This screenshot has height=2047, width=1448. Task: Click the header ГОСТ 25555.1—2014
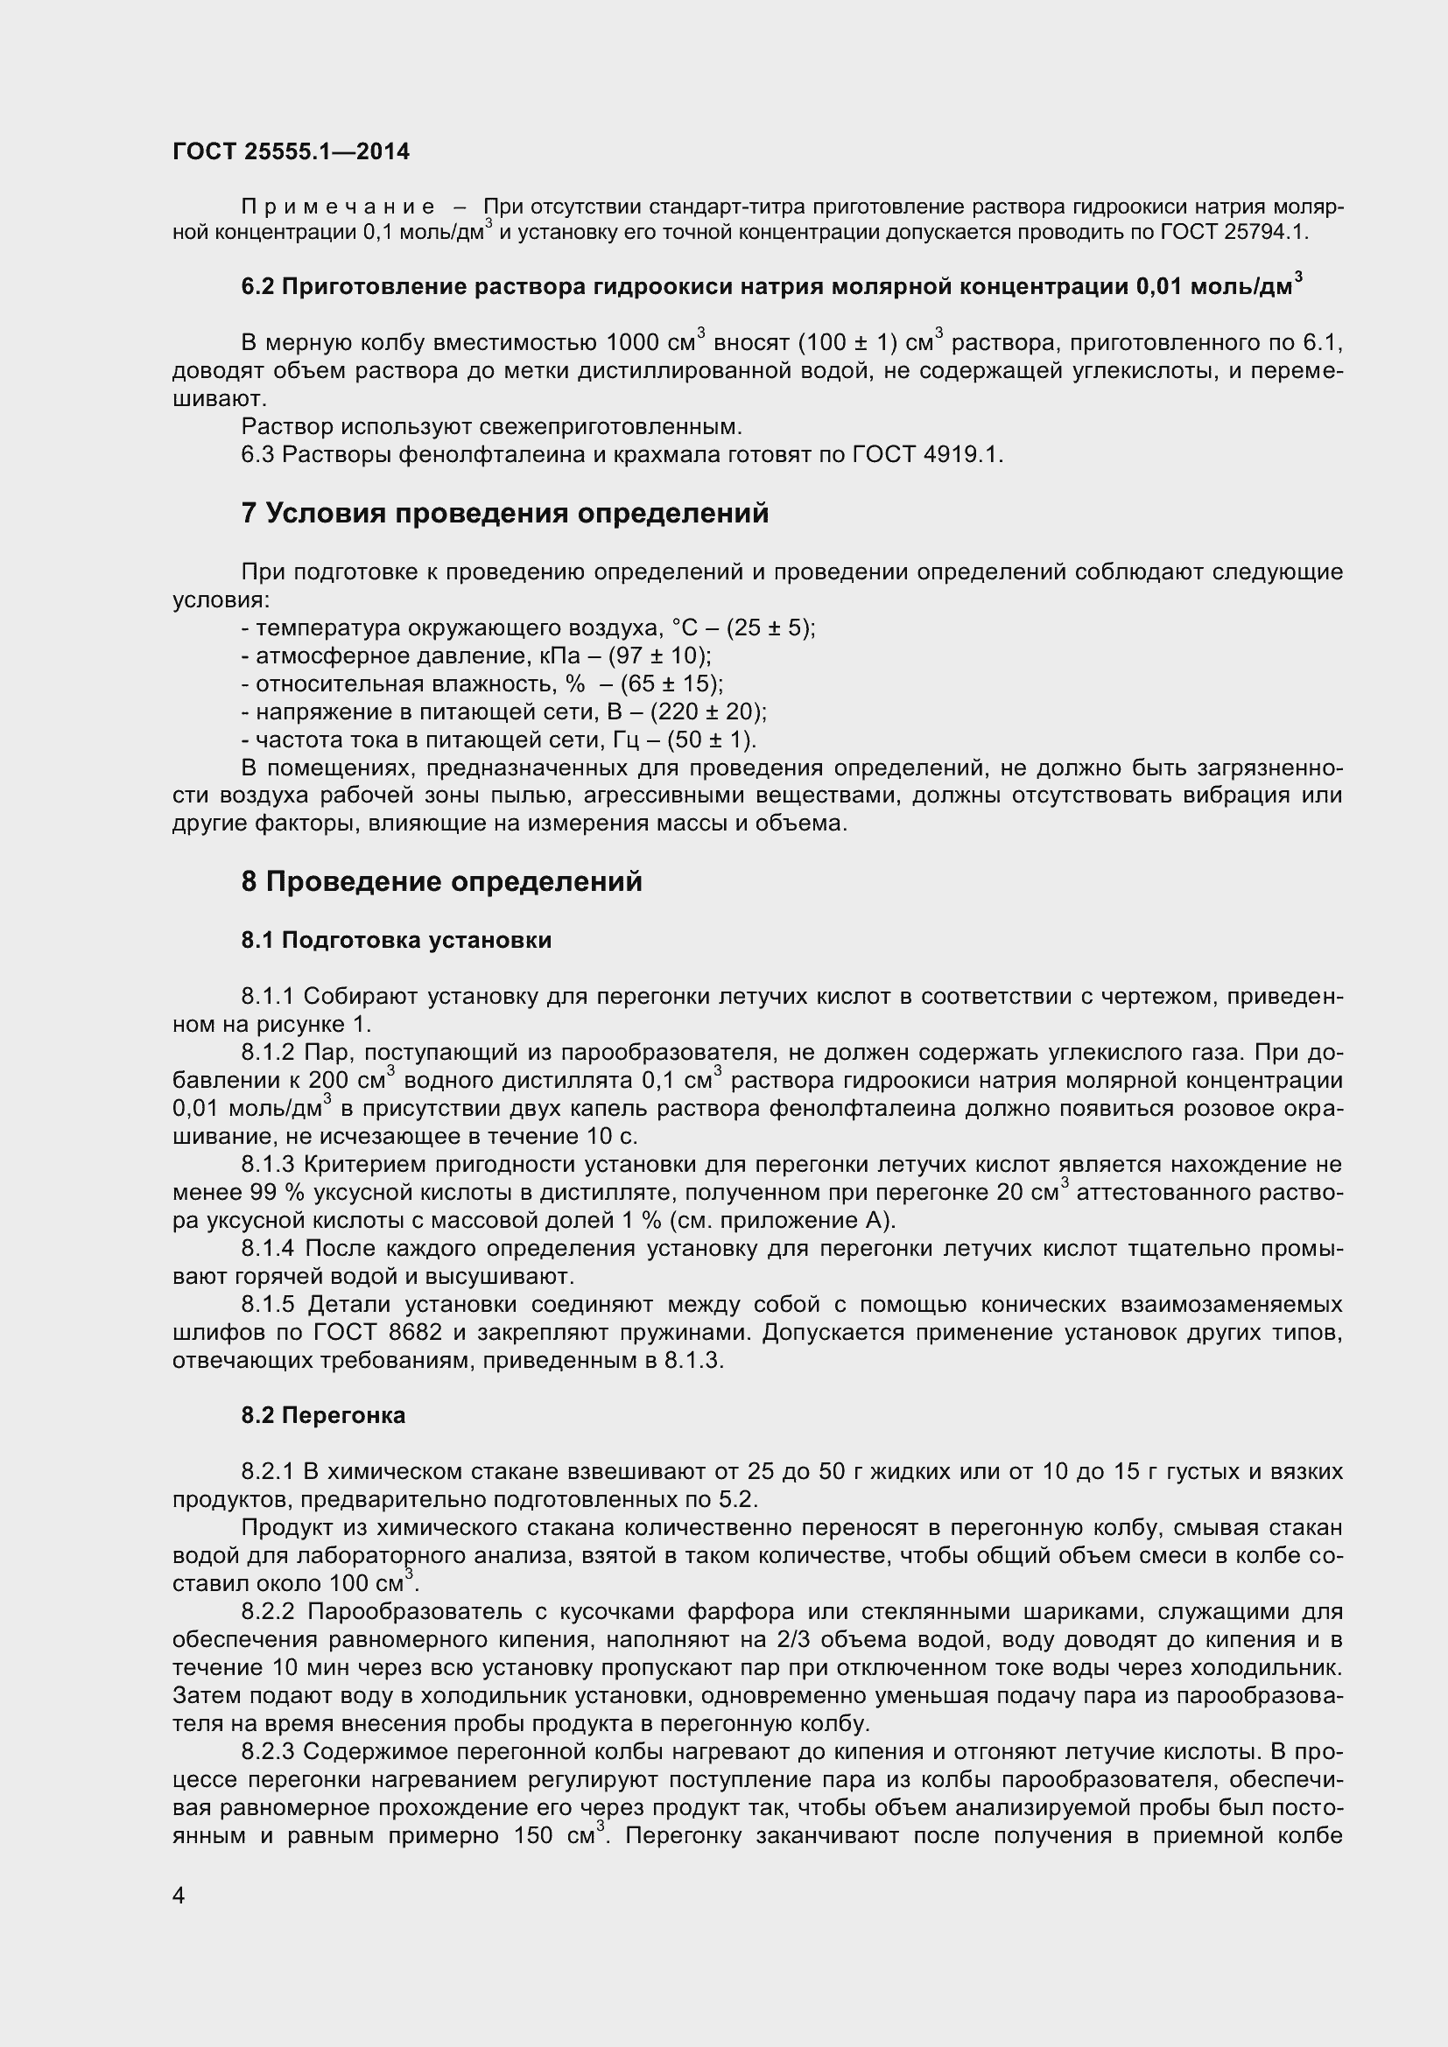[291, 151]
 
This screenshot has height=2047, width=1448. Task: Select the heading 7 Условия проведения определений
[504, 514]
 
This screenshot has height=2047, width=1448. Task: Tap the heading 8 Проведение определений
[441, 882]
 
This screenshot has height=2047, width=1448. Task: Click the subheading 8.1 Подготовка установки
[396, 941]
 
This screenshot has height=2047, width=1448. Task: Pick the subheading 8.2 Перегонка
[323, 1416]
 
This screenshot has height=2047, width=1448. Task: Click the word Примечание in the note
[339, 207]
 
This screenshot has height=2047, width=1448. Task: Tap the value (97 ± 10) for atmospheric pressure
[659, 656]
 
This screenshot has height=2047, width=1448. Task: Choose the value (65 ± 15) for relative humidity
[671, 684]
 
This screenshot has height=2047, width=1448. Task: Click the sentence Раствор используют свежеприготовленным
[491, 427]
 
